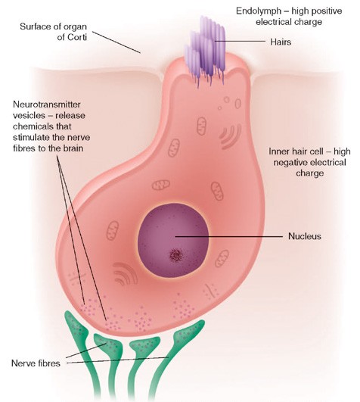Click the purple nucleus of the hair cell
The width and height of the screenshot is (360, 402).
point(173,240)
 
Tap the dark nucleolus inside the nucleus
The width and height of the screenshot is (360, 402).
point(175,255)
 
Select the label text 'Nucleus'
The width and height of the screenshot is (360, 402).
point(305,236)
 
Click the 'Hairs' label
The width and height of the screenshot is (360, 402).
point(281,42)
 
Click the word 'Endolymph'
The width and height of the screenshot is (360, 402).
point(259,11)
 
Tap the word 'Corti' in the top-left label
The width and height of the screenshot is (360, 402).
point(77,37)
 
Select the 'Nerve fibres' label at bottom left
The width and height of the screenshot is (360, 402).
point(36,363)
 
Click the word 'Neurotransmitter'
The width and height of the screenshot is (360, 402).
point(47,104)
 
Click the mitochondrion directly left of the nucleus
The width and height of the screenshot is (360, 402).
point(113,231)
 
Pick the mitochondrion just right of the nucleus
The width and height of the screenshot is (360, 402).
point(222,258)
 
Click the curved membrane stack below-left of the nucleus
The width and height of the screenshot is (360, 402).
point(126,273)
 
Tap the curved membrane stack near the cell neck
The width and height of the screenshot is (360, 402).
point(230,136)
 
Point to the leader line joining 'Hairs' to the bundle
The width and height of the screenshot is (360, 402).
point(240,41)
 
